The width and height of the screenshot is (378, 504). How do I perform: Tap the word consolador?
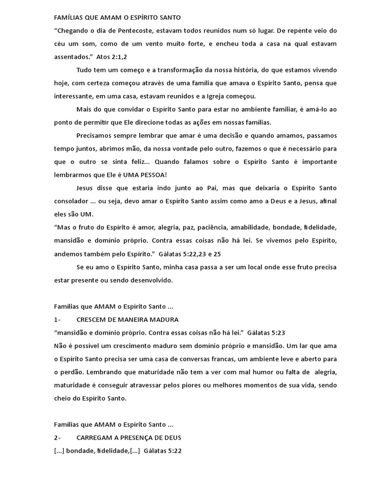point(73,201)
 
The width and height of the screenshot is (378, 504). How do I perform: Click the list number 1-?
point(58,319)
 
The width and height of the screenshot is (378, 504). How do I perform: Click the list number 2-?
point(58,437)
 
